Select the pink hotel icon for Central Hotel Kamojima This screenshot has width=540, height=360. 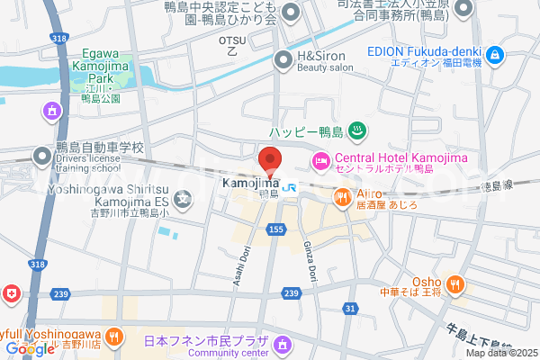pyautogui.click(x=320, y=161)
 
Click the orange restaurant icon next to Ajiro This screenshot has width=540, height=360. pyautogui.click(x=342, y=196)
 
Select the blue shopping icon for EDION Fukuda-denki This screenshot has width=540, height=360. pyautogui.click(x=493, y=58)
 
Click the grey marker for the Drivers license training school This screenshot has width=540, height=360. pyautogui.click(x=42, y=157)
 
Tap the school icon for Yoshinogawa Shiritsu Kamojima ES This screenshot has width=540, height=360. pyautogui.click(x=184, y=199)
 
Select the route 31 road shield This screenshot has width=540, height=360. pyautogui.click(x=349, y=309)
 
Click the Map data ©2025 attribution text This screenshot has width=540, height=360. pyautogui.click(x=499, y=352)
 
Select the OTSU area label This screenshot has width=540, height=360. pyautogui.click(x=232, y=46)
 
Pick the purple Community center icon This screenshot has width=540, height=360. pyautogui.click(x=284, y=345)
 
